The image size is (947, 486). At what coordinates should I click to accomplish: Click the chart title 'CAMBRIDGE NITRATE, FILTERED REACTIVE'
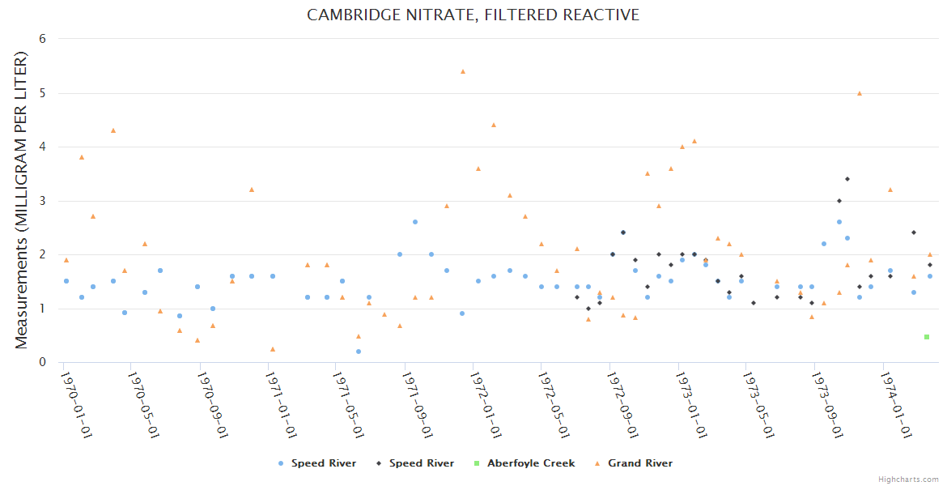[473, 15]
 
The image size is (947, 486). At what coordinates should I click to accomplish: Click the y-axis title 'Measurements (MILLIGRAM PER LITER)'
[22, 200]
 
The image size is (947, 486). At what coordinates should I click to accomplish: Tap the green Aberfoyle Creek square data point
[927, 337]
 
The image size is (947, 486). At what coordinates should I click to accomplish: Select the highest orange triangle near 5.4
[463, 71]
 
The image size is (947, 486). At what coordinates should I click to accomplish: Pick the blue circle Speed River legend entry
[317, 463]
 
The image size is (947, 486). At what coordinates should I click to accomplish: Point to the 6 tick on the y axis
[42, 39]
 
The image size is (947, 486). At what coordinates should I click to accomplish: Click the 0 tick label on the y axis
[42, 362]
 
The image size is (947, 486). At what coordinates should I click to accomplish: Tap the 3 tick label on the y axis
[42, 201]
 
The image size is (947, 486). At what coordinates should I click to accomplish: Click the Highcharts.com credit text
[908, 480]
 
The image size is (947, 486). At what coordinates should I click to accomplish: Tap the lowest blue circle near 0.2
[358, 352]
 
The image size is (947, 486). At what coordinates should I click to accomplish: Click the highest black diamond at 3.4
[847, 179]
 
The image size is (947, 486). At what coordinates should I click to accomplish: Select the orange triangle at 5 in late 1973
[860, 93]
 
